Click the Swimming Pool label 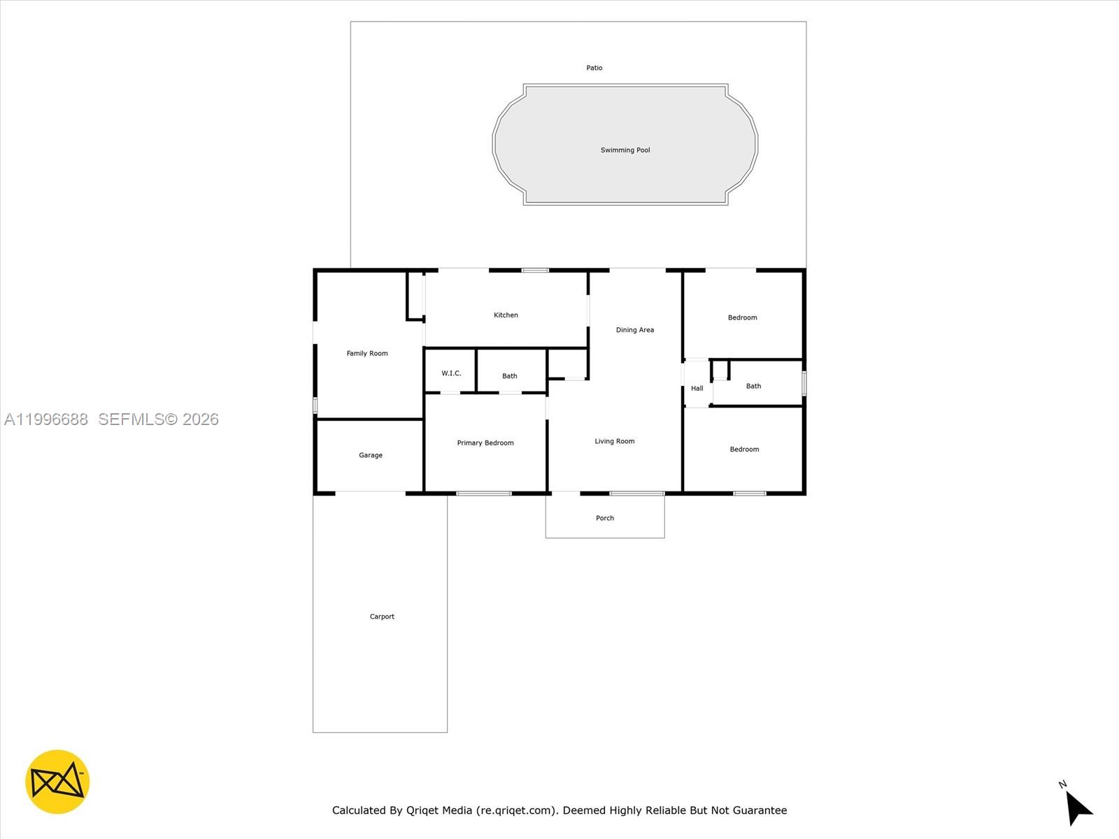click(x=625, y=150)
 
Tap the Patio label click(x=594, y=68)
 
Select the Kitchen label click(x=506, y=315)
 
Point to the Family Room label click(x=367, y=354)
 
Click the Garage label click(x=371, y=455)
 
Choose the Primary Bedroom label click(x=485, y=443)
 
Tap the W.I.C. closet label click(x=451, y=373)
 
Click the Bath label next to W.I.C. click(x=510, y=376)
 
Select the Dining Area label click(x=635, y=330)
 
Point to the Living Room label click(x=615, y=441)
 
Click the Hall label click(x=697, y=389)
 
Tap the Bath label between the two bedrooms click(x=753, y=386)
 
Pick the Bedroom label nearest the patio click(x=742, y=317)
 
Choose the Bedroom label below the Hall click(x=744, y=450)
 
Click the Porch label click(x=605, y=518)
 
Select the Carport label click(x=382, y=617)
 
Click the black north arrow click(x=1078, y=808)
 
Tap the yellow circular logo click(x=57, y=782)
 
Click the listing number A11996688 click(x=46, y=419)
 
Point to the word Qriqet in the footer click(x=422, y=810)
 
